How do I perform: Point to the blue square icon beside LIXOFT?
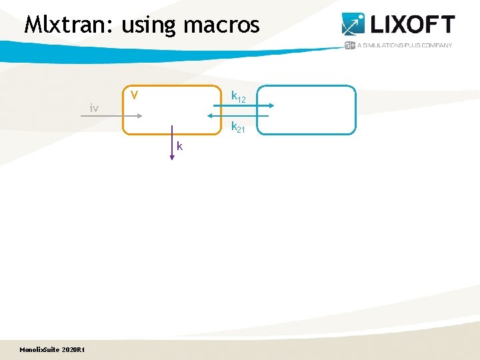click(353, 24)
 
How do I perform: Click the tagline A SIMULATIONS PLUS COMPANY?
click(405, 45)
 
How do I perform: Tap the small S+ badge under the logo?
click(349, 45)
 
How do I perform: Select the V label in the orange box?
click(134, 95)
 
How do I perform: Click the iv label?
click(95, 108)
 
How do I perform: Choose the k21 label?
click(238, 127)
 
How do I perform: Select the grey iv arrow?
click(111, 116)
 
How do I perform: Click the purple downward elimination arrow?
click(172, 141)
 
